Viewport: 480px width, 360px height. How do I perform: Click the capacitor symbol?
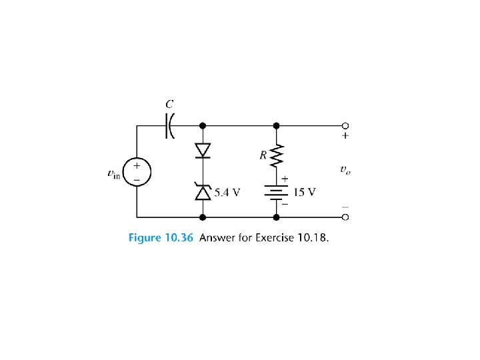(169, 125)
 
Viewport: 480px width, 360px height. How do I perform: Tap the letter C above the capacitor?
(170, 104)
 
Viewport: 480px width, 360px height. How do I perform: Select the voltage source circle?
(137, 171)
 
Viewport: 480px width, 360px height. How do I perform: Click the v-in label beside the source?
(114, 173)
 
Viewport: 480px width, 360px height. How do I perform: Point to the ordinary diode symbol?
(203, 151)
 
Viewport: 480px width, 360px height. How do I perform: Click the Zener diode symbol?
(203, 192)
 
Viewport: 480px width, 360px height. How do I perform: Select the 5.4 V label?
(227, 193)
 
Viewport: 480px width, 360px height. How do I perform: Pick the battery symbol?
(277, 192)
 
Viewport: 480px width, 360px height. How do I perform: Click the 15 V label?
(305, 192)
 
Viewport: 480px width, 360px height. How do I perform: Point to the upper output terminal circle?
(345, 125)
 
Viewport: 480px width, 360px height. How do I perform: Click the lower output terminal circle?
(345, 217)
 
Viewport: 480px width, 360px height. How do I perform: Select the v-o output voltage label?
(345, 170)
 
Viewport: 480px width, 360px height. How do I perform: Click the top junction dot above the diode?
(203, 125)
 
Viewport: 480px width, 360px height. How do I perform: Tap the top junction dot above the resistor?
(277, 125)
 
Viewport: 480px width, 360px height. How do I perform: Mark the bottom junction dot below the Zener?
(203, 217)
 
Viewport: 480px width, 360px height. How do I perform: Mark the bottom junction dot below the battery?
(277, 217)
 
